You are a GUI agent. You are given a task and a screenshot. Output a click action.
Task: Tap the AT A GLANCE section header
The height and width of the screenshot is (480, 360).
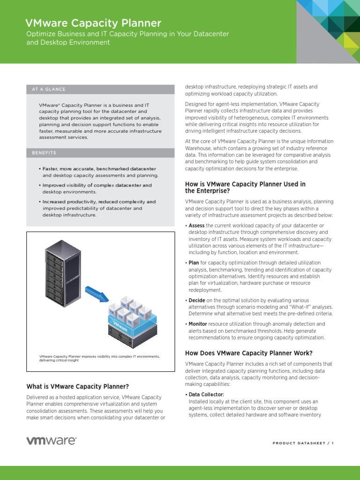[x=49, y=89]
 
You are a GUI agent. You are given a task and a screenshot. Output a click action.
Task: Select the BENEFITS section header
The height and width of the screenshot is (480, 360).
[x=44, y=153]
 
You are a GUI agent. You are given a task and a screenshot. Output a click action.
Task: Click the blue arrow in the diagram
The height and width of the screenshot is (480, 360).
[x=97, y=293]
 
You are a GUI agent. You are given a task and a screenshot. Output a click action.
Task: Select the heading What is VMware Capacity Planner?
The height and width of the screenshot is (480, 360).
[x=77, y=387]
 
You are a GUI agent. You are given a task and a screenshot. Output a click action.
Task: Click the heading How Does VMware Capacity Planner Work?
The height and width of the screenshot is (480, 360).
[x=248, y=353]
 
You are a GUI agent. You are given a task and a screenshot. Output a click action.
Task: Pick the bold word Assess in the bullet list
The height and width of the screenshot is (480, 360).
[x=196, y=225]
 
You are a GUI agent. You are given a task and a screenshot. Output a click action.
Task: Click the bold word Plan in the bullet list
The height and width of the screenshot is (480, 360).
[x=194, y=263]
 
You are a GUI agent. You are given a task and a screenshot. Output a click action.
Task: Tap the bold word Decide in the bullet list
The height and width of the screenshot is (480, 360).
[x=196, y=300]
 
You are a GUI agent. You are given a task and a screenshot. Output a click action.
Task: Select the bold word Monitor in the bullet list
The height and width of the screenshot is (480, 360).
[x=198, y=324]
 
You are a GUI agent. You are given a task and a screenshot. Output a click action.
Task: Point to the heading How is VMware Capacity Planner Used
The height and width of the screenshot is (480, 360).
[x=245, y=187]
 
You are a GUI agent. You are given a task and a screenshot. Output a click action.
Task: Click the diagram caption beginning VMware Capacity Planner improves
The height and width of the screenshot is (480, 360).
[x=99, y=358]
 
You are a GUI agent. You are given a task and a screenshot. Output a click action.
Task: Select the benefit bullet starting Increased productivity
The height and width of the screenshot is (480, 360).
[x=98, y=208]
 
